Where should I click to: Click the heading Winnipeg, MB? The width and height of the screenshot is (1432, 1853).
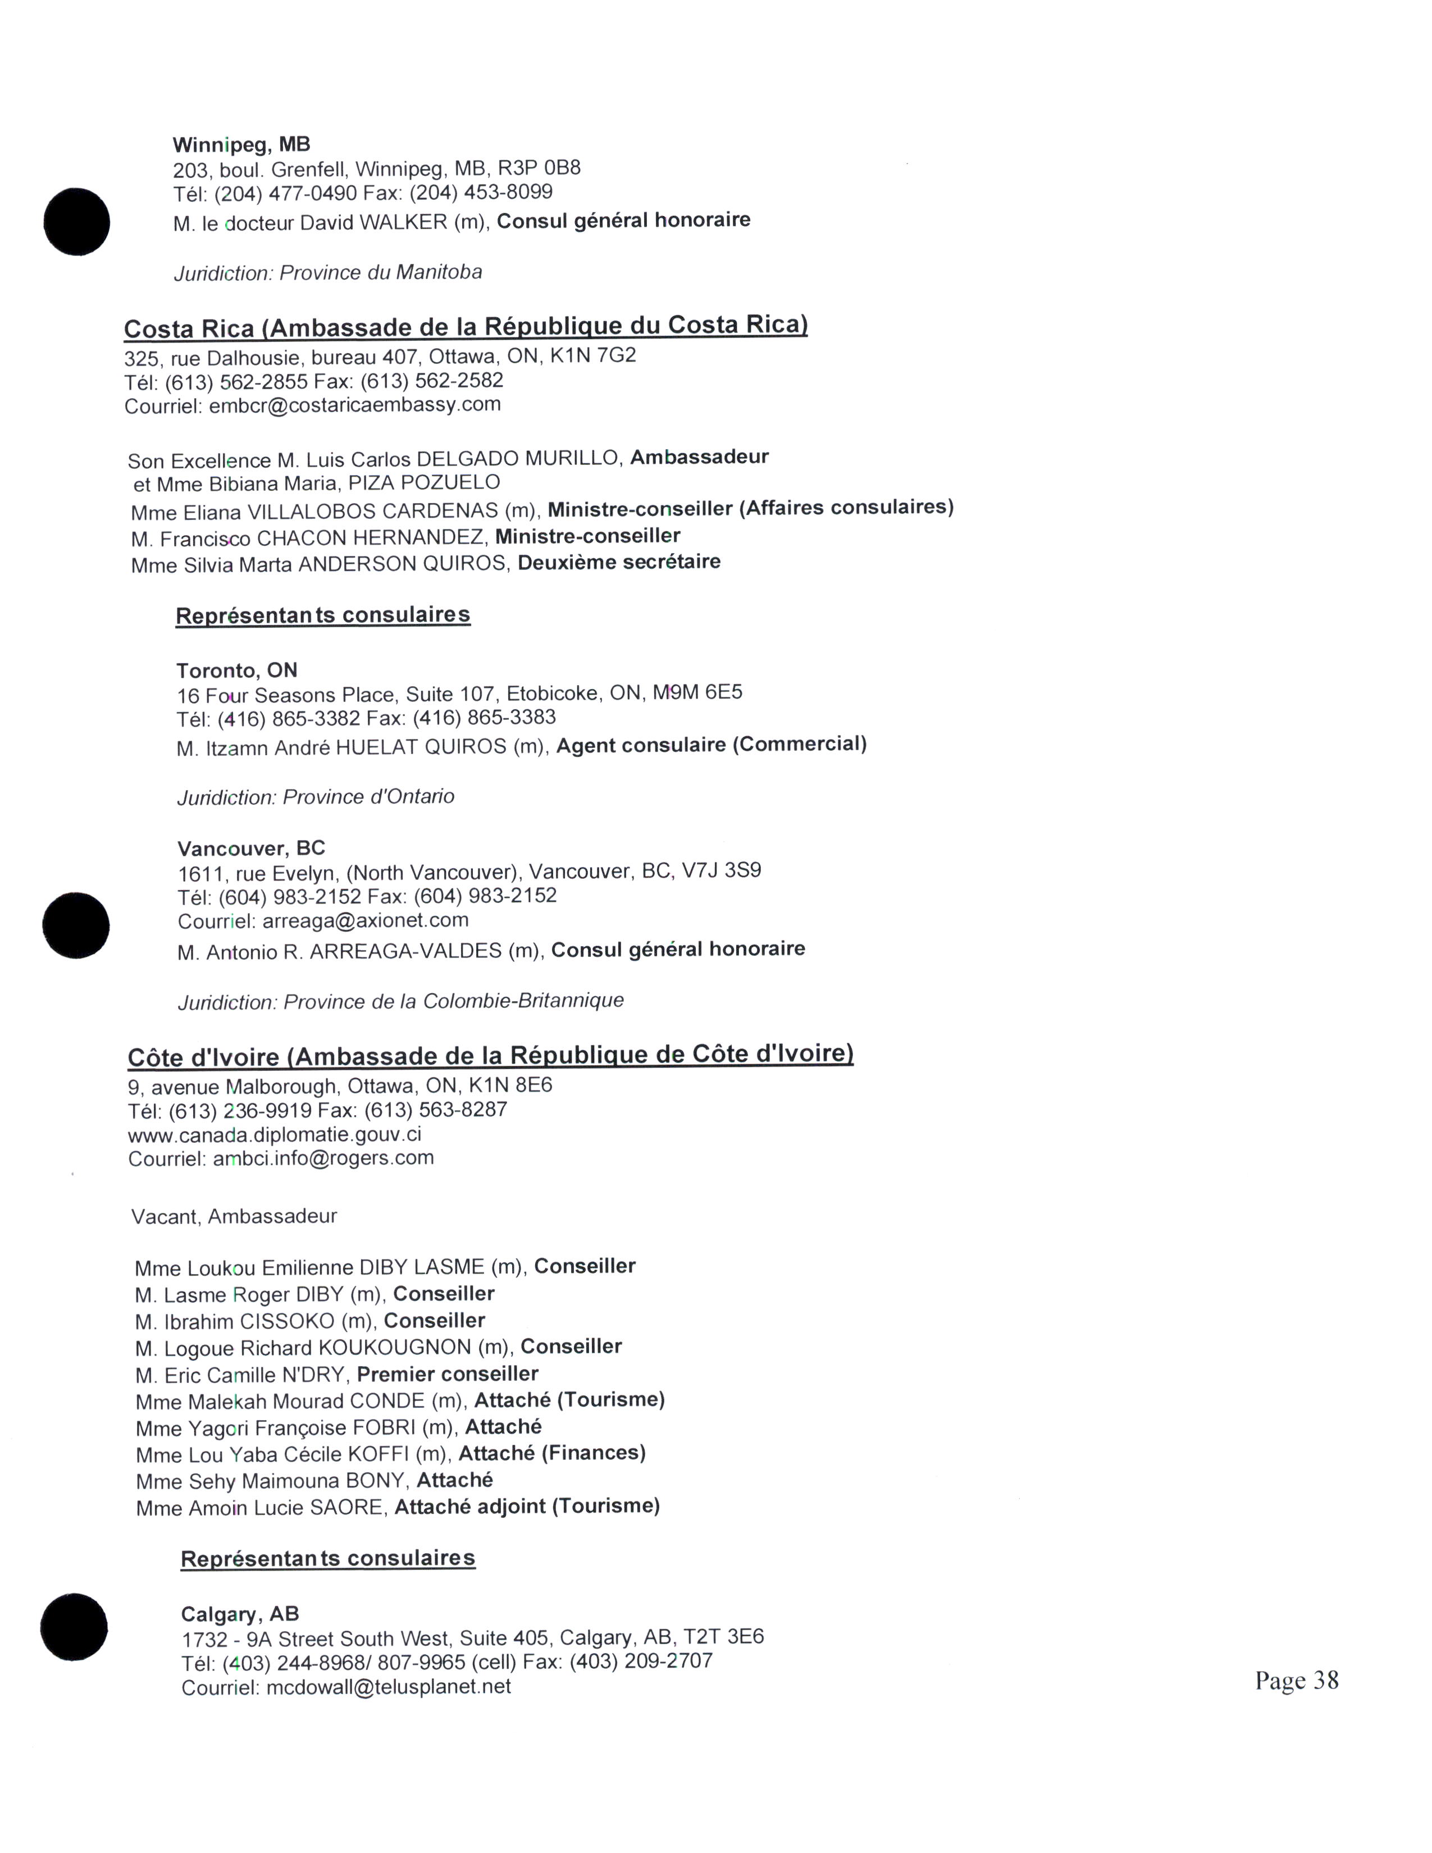(x=242, y=144)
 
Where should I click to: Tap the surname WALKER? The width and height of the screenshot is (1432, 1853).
(x=403, y=222)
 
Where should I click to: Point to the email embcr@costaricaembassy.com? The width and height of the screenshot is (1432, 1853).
(x=354, y=405)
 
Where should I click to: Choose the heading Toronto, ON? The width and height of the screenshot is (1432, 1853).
(x=236, y=670)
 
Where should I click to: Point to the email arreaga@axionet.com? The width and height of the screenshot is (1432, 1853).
(x=365, y=920)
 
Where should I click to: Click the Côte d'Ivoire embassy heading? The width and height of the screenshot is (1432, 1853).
(x=490, y=1056)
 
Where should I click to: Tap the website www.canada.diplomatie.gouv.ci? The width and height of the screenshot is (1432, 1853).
(x=274, y=1134)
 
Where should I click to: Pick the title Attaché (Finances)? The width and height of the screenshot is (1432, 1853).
(x=552, y=1453)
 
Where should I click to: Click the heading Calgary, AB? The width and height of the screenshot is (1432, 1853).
(x=240, y=1614)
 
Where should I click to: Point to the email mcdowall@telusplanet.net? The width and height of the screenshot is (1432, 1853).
(x=389, y=1687)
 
